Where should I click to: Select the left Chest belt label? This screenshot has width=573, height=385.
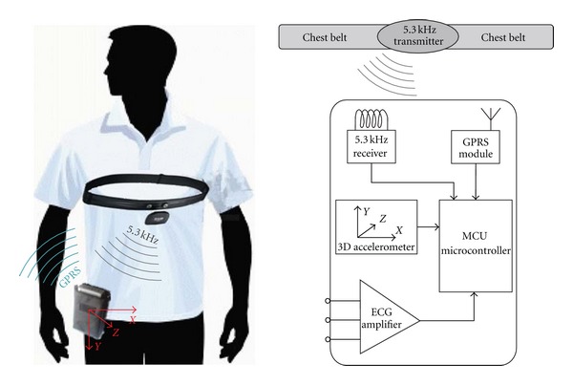tap(324, 37)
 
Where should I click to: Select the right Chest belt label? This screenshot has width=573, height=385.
tap(508, 37)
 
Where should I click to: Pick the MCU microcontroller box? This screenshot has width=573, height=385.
tap(474, 246)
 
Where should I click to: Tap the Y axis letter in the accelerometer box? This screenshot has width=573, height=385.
tap(366, 209)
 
